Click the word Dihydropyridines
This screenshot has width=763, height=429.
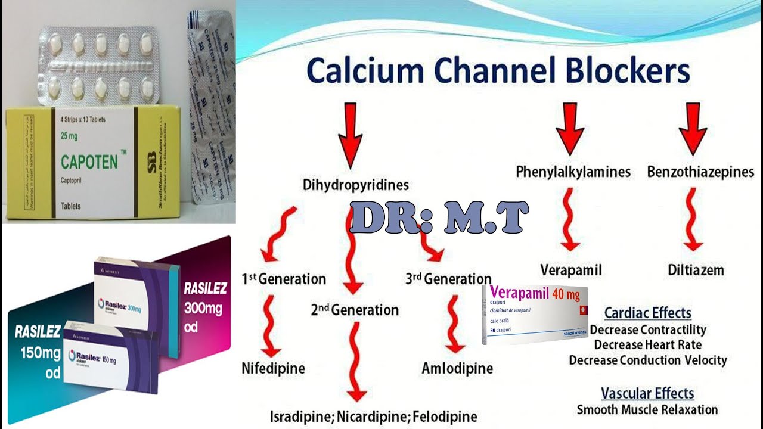[x=356, y=185]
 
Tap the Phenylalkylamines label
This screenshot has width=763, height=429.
[x=573, y=172]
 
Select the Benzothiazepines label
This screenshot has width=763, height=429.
[x=700, y=172]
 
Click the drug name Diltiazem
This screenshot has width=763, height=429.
[x=696, y=270]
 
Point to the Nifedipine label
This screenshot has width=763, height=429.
[x=273, y=368]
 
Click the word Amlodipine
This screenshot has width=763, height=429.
[x=457, y=368]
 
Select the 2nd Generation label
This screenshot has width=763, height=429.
[x=354, y=310]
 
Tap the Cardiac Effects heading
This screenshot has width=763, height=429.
[x=647, y=313]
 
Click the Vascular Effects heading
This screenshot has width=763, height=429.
[x=647, y=393]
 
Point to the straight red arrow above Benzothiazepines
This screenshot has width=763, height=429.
[x=693, y=128]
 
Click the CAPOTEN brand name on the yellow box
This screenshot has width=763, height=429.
[x=89, y=161]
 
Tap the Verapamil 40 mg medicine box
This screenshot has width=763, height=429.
[x=535, y=314]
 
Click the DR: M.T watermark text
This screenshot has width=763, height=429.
[x=438, y=217]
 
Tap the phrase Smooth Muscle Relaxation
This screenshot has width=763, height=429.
[x=647, y=409]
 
